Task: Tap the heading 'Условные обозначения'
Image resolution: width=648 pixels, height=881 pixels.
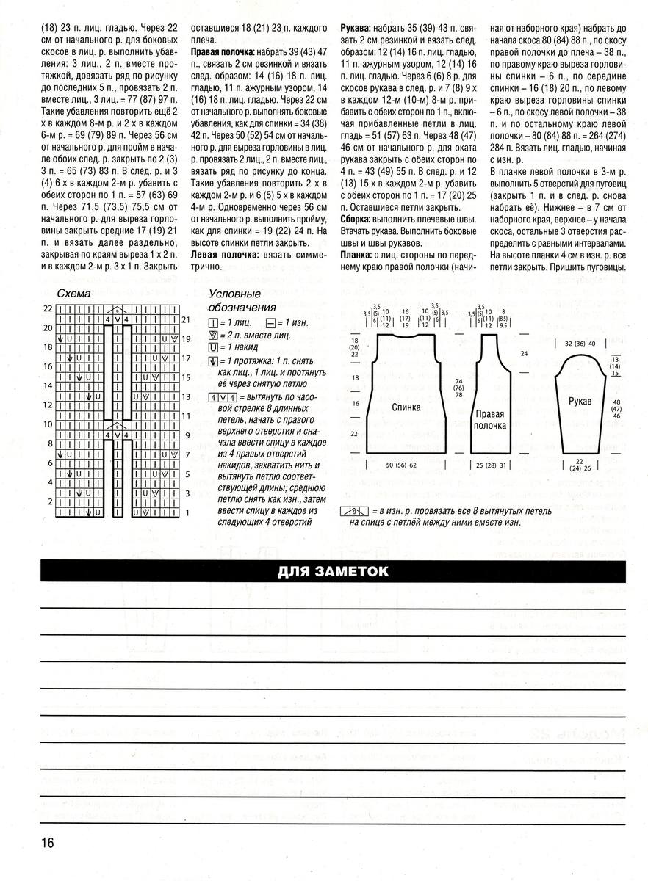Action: [x=242, y=300]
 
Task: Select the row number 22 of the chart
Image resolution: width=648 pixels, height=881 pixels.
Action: [x=48, y=308]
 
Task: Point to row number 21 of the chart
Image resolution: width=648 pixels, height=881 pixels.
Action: [x=187, y=320]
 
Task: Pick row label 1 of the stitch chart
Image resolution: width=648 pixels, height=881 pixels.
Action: [x=187, y=512]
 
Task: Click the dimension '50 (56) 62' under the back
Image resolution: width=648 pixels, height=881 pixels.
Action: [x=401, y=465]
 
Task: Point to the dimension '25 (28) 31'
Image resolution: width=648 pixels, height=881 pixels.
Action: [x=492, y=465]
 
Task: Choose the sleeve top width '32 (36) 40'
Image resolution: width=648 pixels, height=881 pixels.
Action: [x=579, y=343]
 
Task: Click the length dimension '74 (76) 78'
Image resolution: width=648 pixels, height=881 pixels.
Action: [x=458, y=388]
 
